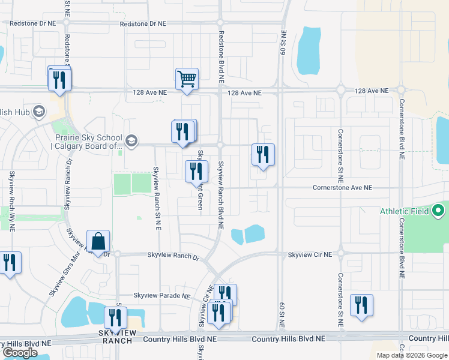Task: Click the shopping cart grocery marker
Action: (x=187, y=79)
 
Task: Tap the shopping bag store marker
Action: (x=98, y=241)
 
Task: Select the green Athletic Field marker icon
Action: (x=438, y=211)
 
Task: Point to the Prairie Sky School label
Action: (x=87, y=142)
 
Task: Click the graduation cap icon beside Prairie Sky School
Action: (x=131, y=142)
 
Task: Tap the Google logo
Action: (x=20, y=353)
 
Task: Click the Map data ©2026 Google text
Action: (x=411, y=355)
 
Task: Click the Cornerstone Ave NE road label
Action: (x=342, y=188)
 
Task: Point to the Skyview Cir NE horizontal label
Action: (x=310, y=255)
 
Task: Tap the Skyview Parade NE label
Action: (x=161, y=296)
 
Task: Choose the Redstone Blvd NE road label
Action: (x=221, y=56)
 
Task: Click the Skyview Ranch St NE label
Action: (x=157, y=198)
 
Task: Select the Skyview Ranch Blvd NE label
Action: (x=221, y=195)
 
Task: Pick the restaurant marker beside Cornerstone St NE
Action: (x=361, y=304)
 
